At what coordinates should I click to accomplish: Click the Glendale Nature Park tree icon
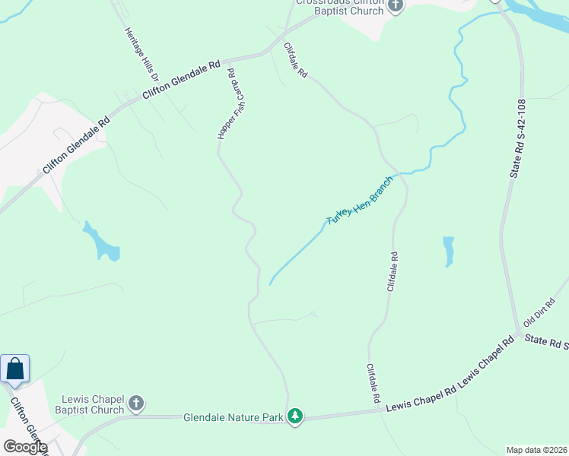[295, 416]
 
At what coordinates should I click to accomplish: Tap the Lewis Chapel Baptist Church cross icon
[136, 404]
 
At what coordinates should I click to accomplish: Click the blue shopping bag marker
[15, 370]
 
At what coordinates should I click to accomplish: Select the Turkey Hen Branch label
[359, 200]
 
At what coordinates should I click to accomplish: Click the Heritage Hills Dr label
[141, 55]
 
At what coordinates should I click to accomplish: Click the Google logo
[24, 447]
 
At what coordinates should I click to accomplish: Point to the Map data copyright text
[537, 449]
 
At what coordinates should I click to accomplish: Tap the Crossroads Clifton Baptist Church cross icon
[395, 5]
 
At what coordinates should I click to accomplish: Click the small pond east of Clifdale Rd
[448, 251]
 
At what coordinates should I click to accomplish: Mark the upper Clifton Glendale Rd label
[182, 79]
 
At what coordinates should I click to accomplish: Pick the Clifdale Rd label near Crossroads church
[295, 60]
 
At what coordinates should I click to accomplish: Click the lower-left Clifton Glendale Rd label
[75, 145]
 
